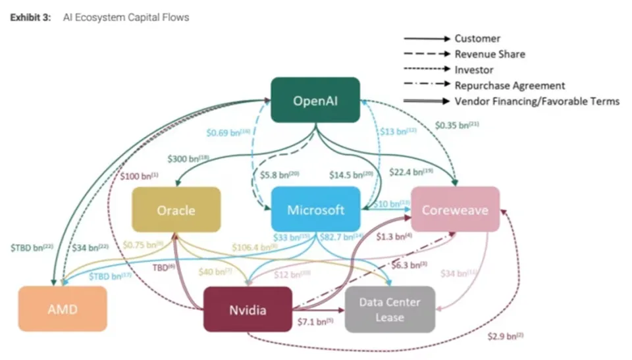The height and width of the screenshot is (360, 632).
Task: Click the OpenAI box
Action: (x=316, y=100)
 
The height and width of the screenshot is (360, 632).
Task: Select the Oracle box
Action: (x=176, y=210)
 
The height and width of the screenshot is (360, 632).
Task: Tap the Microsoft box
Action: (x=316, y=210)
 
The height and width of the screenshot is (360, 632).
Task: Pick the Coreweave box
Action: (x=455, y=210)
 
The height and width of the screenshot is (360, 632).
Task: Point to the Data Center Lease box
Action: (x=390, y=309)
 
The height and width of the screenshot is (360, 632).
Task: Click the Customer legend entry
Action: (x=477, y=38)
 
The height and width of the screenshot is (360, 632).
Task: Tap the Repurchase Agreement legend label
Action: (x=510, y=85)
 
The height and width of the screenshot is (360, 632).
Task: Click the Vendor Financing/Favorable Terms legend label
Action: (x=537, y=101)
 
